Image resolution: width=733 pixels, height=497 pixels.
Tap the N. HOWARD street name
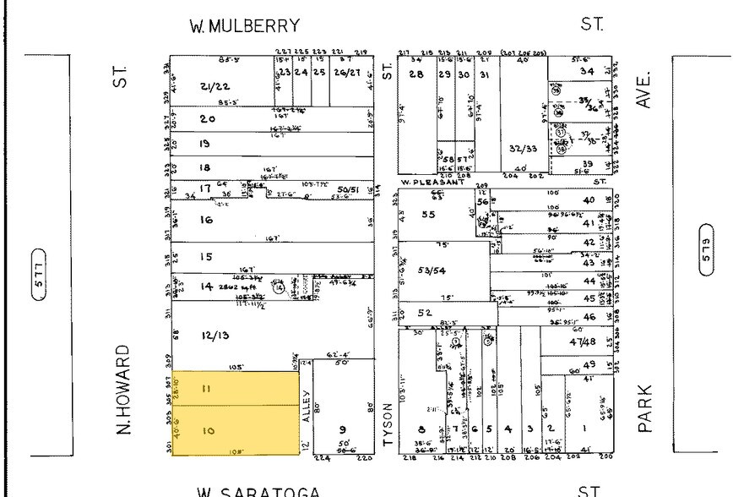126,389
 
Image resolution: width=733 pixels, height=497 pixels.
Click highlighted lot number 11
207,389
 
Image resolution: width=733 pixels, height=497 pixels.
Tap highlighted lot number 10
208,430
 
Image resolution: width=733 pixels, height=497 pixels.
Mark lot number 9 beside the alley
343,429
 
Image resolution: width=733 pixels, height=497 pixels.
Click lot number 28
415,75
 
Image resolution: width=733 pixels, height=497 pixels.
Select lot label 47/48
582,341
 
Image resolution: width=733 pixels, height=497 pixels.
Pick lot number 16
205,220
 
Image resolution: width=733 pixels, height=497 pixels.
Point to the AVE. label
646,88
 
